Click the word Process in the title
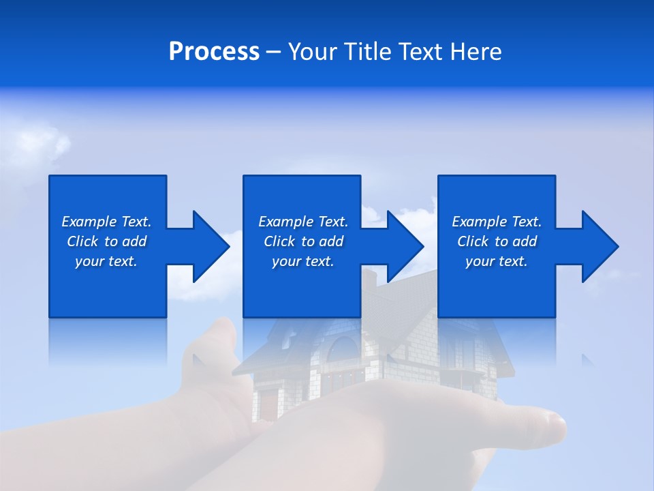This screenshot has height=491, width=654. [214, 52]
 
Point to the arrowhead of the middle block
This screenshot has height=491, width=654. [405, 246]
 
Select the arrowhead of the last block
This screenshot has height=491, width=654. [599, 246]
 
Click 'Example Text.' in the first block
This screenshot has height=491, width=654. [106, 222]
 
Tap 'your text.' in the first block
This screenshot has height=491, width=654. [106, 261]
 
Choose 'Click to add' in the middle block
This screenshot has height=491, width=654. [303, 241]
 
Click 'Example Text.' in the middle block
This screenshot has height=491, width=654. [303, 222]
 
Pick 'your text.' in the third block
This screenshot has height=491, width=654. [497, 261]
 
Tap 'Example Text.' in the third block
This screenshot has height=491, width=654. [497, 222]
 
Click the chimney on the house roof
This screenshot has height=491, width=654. [369, 278]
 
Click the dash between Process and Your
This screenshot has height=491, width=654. [273, 52]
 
